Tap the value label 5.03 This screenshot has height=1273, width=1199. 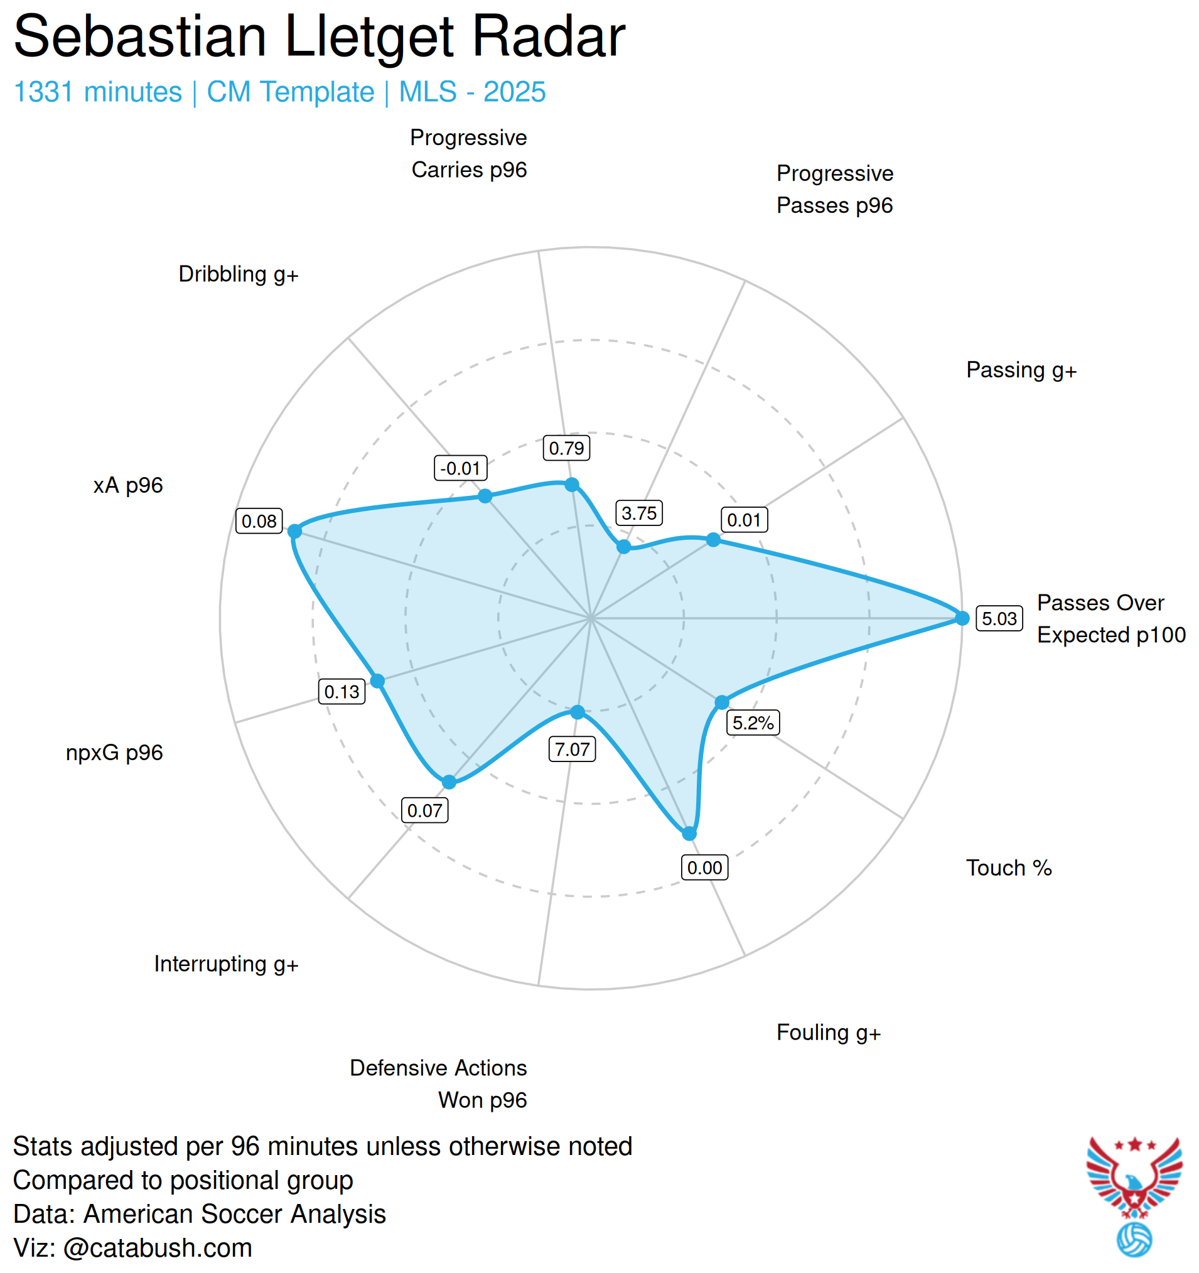click(x=999, y=618)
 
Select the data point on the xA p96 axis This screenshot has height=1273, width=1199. click(x=294, y=531)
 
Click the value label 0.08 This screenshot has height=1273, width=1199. click(x=259, y=521)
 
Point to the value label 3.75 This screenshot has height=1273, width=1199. click(x=639, y=513)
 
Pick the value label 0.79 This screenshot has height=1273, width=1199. click(x=566, y=448)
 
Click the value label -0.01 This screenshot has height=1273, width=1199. click(x=460, y=468)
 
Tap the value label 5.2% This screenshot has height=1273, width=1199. click(x=753, y=723)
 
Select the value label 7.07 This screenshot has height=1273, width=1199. click(x=572, y=749)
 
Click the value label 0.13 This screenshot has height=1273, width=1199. click(x=341, y=692)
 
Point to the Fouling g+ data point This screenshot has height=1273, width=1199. click(x=689, y=833)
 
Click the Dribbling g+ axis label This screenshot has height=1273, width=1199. click(x=239, y=274)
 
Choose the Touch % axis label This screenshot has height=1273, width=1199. click(x=1009, y=867)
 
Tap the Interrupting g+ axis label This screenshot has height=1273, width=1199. click(x=226, y=964)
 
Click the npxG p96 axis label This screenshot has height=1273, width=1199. click(x=114, y=753)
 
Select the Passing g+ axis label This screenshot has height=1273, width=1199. click(x=1021, y=370)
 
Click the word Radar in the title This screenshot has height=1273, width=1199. click(x=548, y=37)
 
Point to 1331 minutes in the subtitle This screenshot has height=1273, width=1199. click(x=97, y=92)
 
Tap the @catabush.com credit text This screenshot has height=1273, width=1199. click(x=158, y=1248)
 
